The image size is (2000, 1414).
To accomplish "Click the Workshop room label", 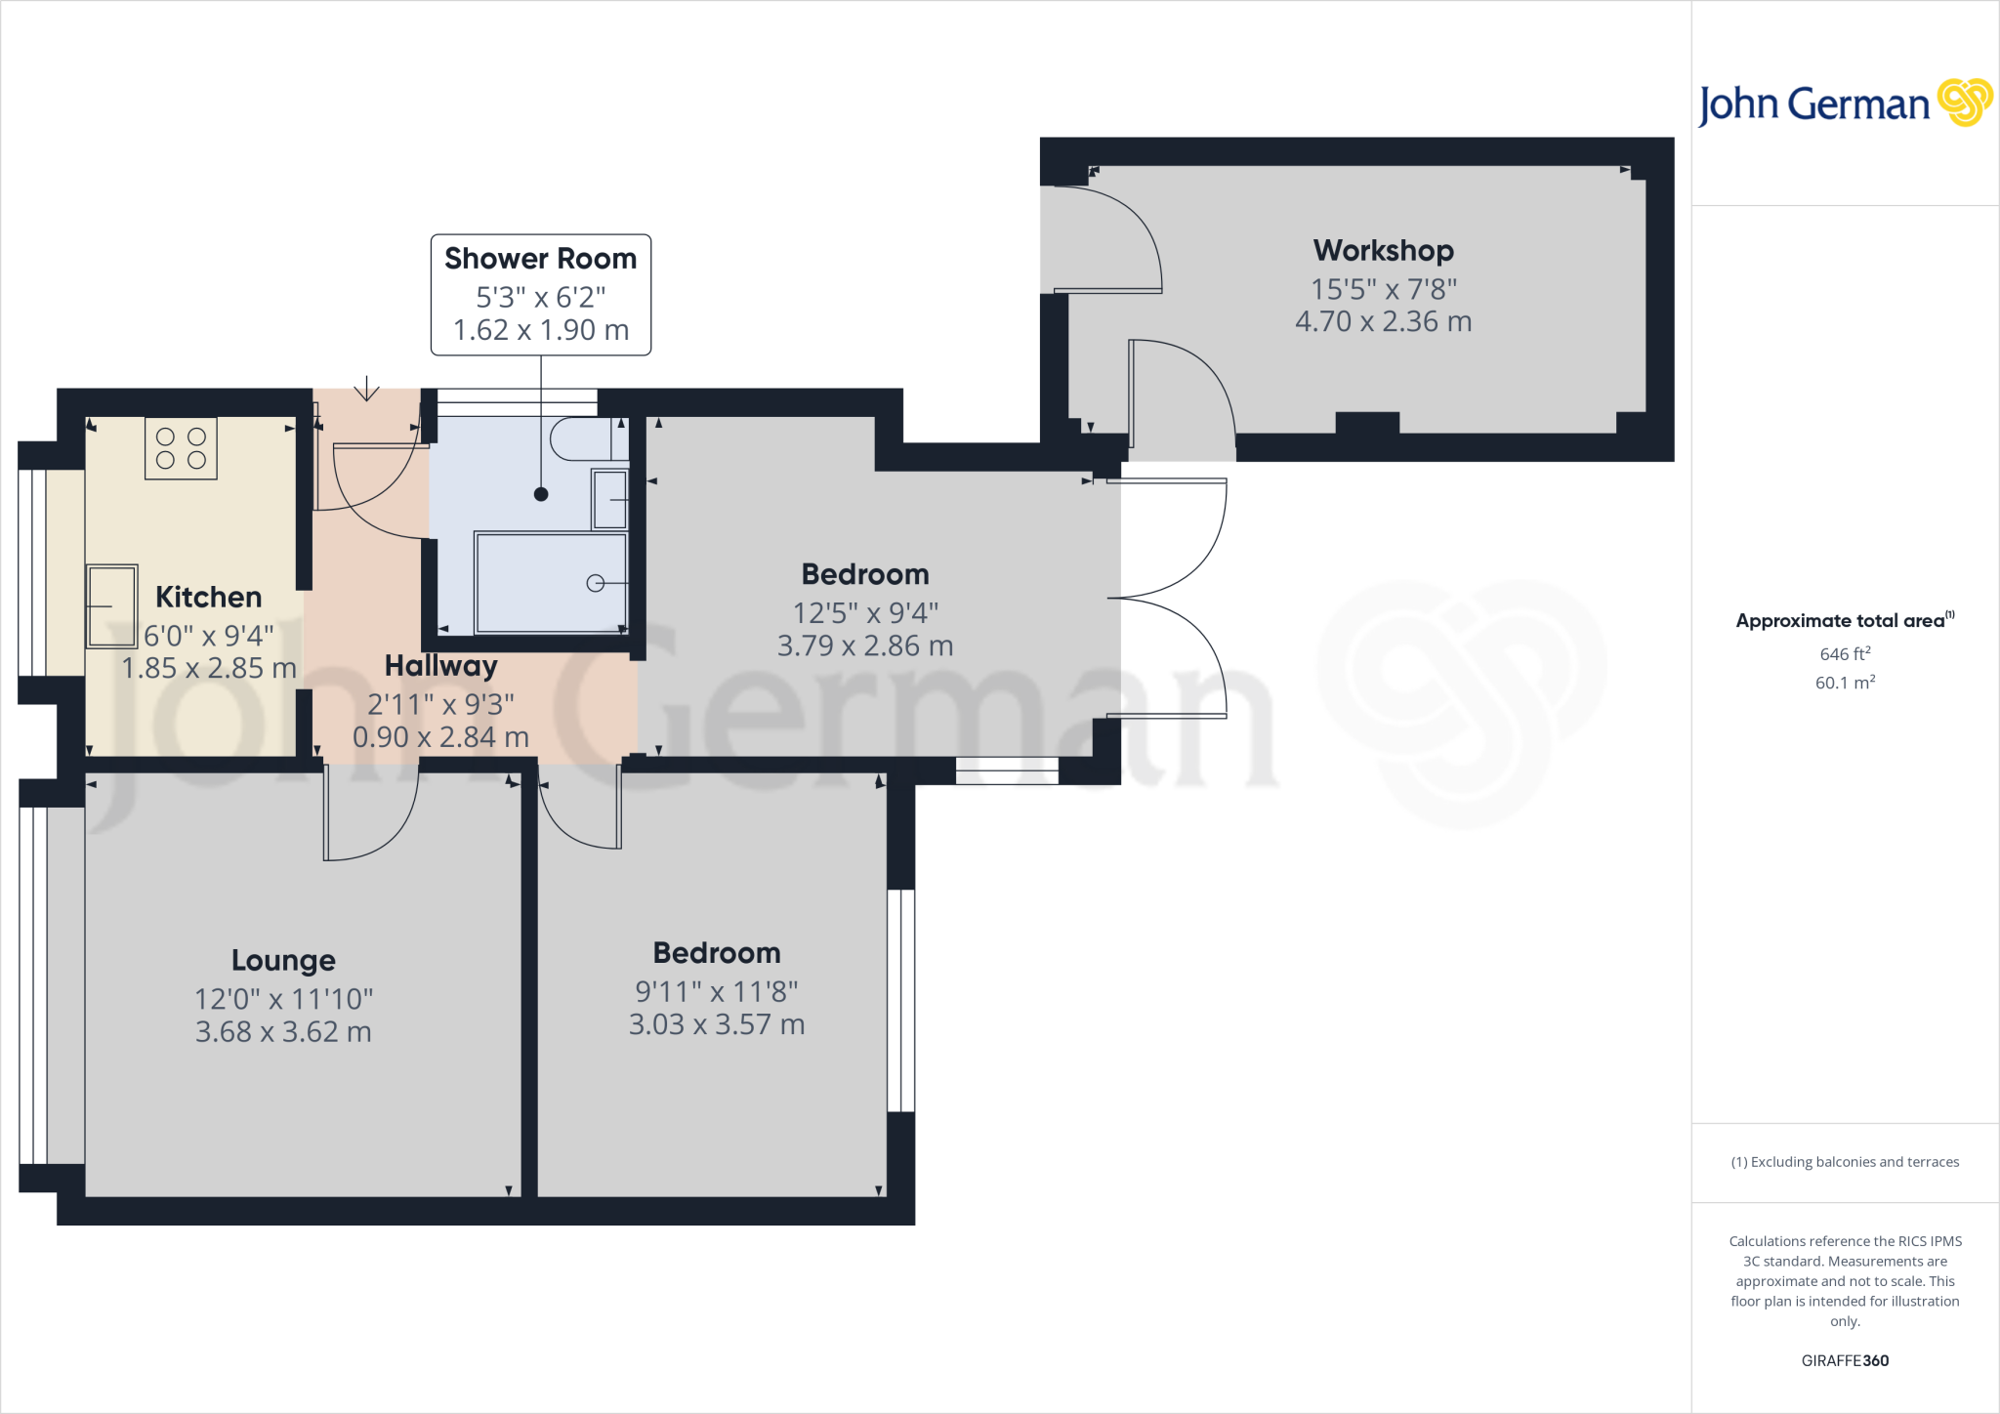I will tap(1383, 251).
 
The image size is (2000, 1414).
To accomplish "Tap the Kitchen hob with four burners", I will tap(181, 449).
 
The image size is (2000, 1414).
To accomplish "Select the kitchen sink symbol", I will tap(112, 606).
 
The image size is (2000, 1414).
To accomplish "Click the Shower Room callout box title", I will tap(540, 259).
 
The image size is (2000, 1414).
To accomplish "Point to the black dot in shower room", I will tap(541, 494).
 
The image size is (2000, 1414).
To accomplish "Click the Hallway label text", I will tap(440, 666).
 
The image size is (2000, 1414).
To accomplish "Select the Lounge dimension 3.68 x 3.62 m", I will tap(283, 1032).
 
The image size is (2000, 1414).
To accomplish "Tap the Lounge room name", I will tap(283, 961).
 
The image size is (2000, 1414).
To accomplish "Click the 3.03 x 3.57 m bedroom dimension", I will tap(717, 1024).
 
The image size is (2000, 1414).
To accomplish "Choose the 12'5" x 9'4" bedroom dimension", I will tap(865, 613).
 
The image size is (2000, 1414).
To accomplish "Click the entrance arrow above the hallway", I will tap(366, 389).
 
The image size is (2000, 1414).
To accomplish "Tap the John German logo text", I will tap(1813, 104).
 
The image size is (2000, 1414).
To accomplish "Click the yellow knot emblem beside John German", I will tap(1964, 103).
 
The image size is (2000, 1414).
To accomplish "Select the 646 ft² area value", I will tap(1845, 654).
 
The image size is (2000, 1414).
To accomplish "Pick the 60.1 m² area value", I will tap(1845, 683).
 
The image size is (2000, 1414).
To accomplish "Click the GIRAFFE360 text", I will tap(1845, 1360).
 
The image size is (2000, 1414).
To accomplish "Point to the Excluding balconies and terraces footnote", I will tap(1845, 1162).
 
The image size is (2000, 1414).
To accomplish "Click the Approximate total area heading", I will tap(1841, 621).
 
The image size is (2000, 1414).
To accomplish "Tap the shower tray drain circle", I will tap(595, 583).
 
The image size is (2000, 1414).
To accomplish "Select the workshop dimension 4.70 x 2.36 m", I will tap(1383, 322).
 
